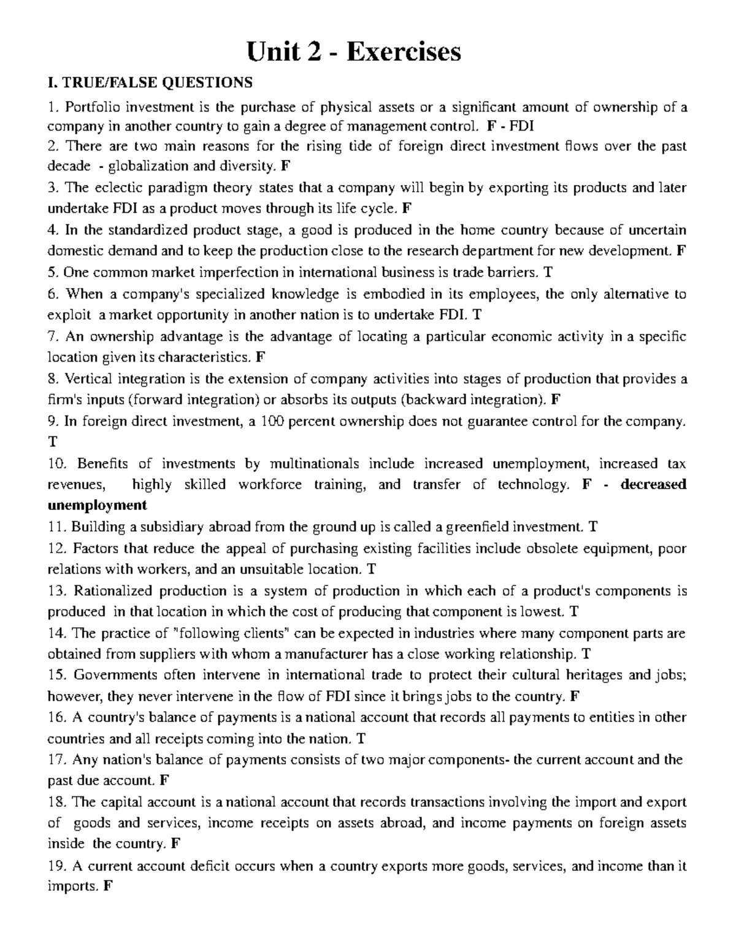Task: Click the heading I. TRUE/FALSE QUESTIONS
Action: tap(150, 82)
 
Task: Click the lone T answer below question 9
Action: tap(52, 442)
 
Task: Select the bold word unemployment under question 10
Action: tap(97, 505)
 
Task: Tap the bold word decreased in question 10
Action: tap(653, 484)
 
